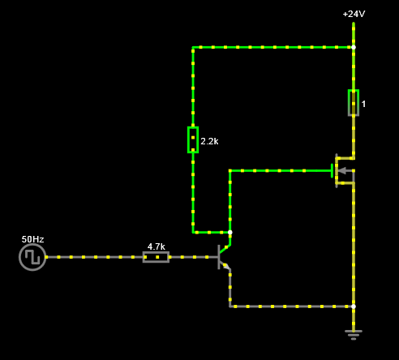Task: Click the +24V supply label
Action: (x=354, y=14)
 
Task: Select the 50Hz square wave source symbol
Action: (x=32, y=257)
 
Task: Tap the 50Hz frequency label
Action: (x=32, y=239)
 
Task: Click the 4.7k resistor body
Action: (x=156, y=257)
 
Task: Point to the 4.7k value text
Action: (x=157, y=246)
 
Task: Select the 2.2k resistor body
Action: (x=193, y=139)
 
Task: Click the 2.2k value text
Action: (x=209, y=141)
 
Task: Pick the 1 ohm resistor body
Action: (x=354, y=103)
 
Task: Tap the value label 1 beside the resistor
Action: (x=363, y=104)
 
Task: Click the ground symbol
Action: (x=354, y=335)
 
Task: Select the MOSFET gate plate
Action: (x=332, y=171)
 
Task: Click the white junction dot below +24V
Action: (x=354, y=47)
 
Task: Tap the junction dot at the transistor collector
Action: (x=230, y=233)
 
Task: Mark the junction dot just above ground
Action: (x=354, y=306)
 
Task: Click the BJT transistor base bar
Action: (x=219, y=257)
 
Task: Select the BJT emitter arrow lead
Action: (x=225, y=266)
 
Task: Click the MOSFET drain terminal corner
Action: (x=354, y=158)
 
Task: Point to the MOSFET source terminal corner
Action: (x=354, y=183)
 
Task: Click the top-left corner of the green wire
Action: (x=193, y=47)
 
